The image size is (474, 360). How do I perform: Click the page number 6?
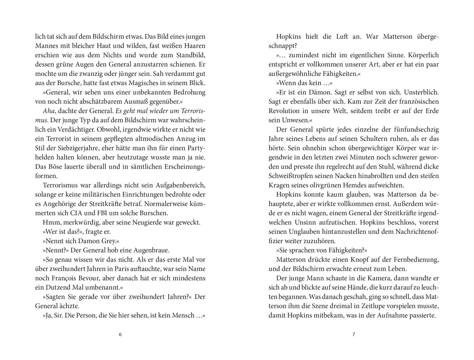click(x=120, y=335)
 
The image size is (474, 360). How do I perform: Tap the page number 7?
click(x=353, y=335)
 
